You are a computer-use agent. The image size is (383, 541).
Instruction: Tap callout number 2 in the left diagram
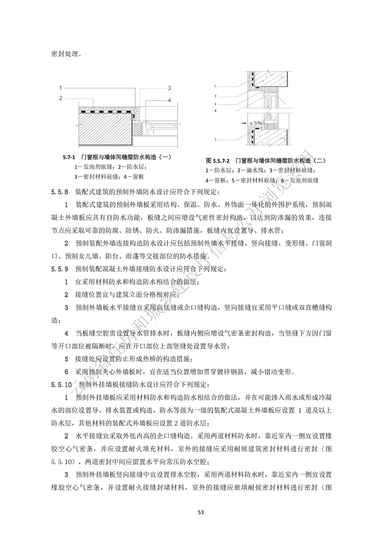pos(61,98)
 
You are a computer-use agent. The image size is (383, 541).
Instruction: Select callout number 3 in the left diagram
pos(170,88)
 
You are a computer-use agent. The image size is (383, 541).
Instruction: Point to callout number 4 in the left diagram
pos(170,100)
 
